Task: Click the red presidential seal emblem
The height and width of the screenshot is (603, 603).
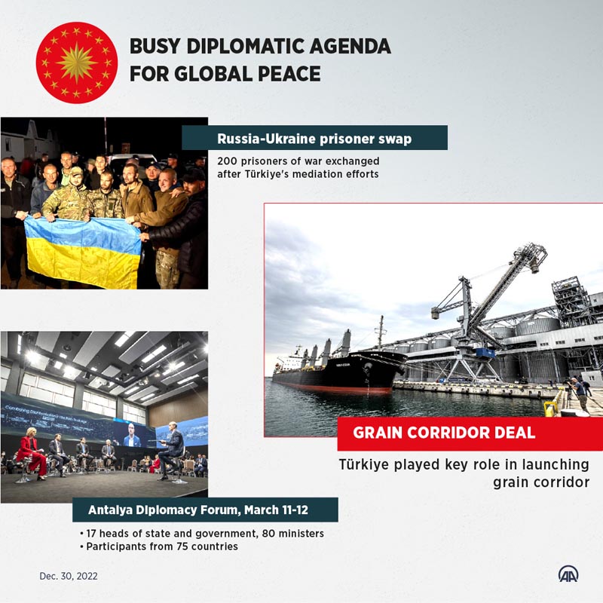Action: [77, 63]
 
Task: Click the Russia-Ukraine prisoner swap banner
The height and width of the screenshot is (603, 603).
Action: [314, 138]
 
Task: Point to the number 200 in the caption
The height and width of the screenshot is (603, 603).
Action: [227, 161]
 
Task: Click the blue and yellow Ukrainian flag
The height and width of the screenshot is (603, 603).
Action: [83, 252]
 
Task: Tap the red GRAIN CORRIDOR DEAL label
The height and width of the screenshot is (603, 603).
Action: [470, 433]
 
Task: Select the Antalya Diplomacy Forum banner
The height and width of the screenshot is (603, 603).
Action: [205, 510]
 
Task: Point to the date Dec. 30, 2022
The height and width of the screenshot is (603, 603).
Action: [69, 576]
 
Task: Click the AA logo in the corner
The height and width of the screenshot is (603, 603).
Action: [568, 574]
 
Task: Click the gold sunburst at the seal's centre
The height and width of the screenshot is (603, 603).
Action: [77, 63]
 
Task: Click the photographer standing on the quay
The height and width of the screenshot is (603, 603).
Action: [580, 394]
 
